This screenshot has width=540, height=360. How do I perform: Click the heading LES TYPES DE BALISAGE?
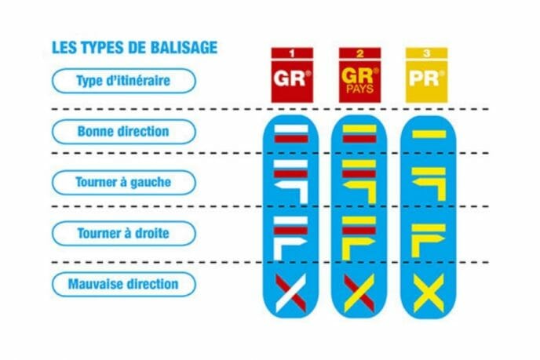[x=135, y=48]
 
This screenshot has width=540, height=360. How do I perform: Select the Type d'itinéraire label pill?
[x=124, y=81]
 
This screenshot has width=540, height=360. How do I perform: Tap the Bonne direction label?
[x=124, y=132]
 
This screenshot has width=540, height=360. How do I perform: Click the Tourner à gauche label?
[x=124, y=182]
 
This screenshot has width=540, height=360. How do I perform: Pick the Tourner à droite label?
[x=124, y=234]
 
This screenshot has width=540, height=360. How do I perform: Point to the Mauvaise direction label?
[x=124, y=284]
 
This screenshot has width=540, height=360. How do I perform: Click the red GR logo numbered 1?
[x=292, y=75]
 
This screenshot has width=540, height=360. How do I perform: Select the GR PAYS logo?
[x=360, y=75]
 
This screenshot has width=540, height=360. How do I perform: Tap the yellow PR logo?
[x=427, y=75]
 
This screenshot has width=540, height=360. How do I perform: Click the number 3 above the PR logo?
[x=427, y=53]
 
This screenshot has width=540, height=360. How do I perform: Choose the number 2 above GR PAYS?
[x=360, y=53]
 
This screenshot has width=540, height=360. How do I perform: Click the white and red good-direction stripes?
[x=291, y=134]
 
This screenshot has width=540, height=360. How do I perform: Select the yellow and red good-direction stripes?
[x=359, y=134]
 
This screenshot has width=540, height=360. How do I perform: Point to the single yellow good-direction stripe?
[x=429, y=134]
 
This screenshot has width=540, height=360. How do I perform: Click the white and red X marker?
[x=290, y=293]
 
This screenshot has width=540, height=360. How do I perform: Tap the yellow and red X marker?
[x=359, y=293]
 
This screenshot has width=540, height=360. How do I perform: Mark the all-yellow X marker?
[x=429, y=293]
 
